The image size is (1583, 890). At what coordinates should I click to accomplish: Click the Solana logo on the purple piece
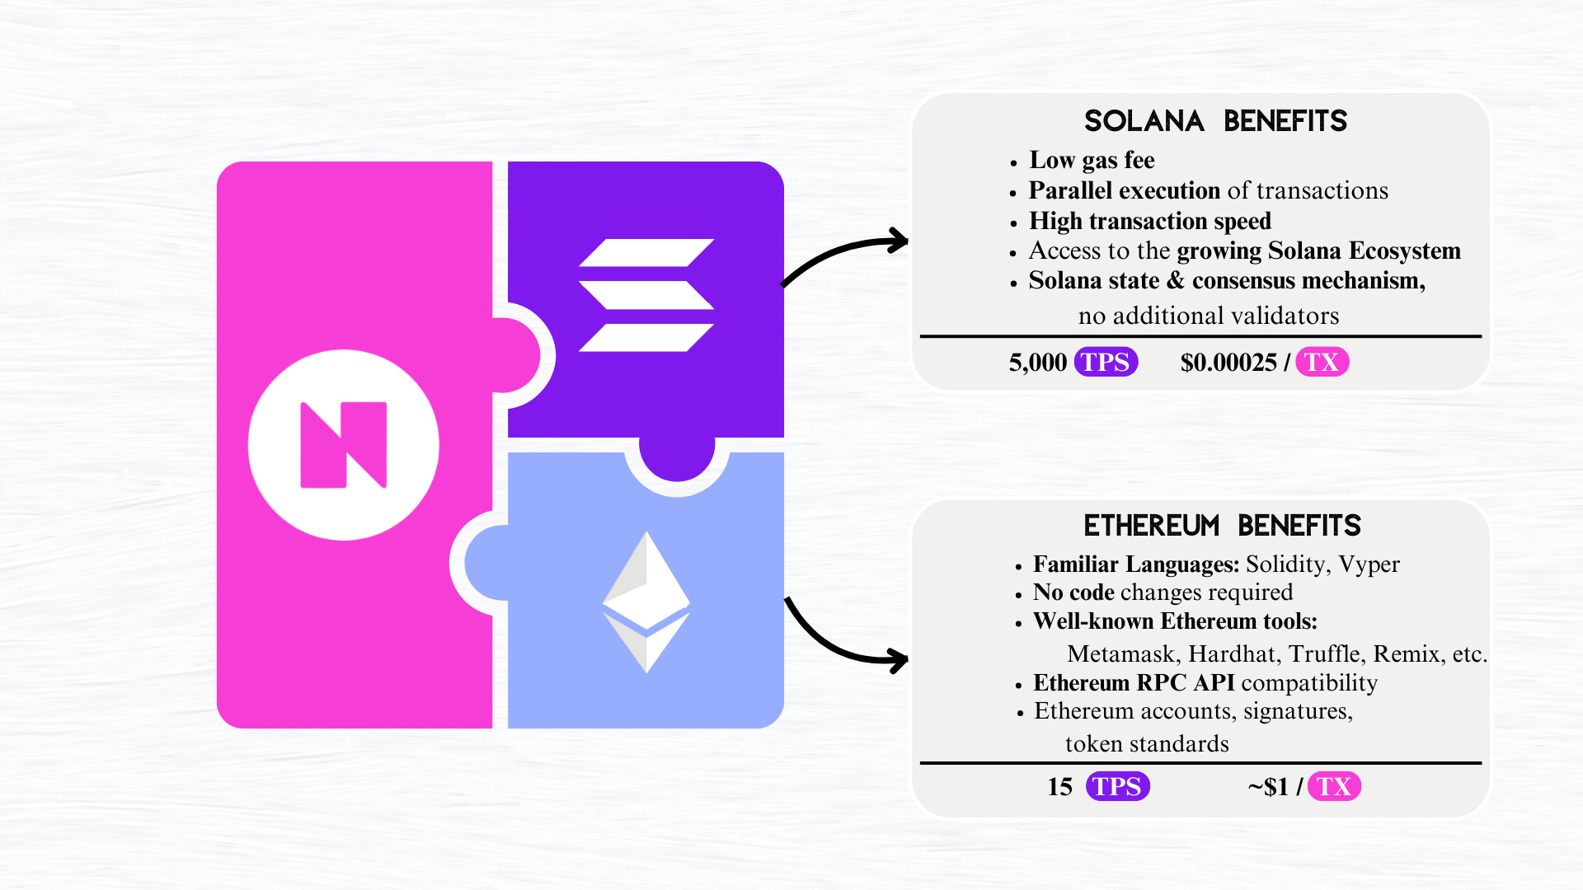click(x=646, y=295)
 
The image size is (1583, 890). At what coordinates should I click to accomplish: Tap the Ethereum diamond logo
click(x=646, y=602)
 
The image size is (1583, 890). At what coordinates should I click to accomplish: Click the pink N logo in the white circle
click(x=344, y=445)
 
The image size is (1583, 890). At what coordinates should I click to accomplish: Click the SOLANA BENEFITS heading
click(x=1215, y=121)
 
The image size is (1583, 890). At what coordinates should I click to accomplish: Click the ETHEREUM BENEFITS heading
click(x=1222, y=526)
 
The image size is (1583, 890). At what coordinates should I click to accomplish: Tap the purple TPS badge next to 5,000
click(x=1106, y=362)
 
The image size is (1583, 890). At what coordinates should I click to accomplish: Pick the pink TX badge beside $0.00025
click(x=1322, y=362)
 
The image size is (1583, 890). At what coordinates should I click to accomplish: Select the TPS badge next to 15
click(x=1117, y=786)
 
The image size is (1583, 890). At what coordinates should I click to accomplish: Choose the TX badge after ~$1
click(x=1333, y=786)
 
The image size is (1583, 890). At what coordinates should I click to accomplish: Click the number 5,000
click(x=1037, y=363)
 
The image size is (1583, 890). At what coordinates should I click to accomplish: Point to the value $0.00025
click(x=1228, y=363)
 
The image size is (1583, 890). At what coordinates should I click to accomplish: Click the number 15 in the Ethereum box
click(x=1060, y=787)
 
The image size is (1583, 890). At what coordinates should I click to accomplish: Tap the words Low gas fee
click(x=1092, y=160)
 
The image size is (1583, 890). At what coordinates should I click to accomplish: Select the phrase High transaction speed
click(x=1150, y=221)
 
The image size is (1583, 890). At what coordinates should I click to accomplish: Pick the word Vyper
click(x=1369, y=564)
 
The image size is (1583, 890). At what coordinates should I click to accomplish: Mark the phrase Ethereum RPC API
click(x=1134, y=683)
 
